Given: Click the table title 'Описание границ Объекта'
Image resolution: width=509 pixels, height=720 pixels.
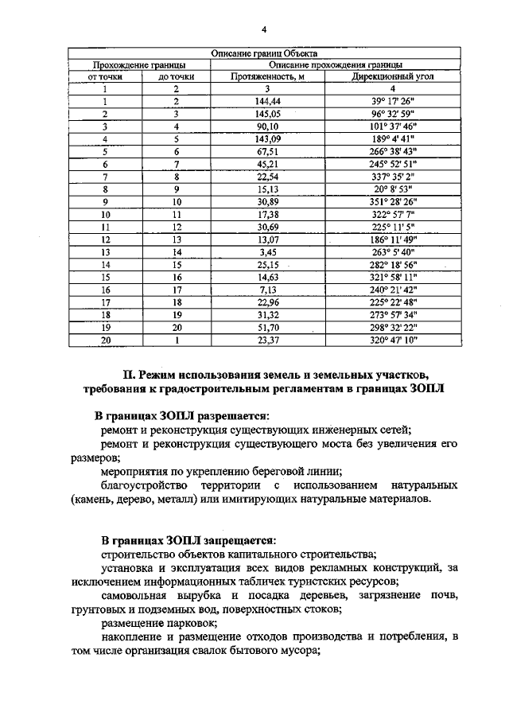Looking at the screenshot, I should [263, 53].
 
